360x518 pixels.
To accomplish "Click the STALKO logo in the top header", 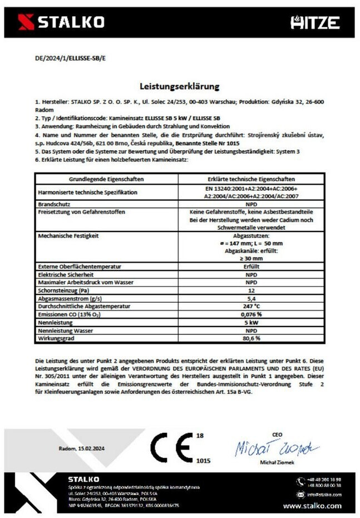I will [61, 22].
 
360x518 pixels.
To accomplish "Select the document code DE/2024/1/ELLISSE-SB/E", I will [58, 58].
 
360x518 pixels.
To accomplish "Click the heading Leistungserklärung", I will [179, 86].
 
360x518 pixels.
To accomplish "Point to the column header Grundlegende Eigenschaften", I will [106, 179].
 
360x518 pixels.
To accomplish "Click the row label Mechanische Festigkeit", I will [68, 235].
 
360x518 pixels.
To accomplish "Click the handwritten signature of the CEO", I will [276, 448].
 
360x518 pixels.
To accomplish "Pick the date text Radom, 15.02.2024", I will [83, 448].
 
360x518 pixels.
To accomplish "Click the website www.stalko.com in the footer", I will [312, 506].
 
